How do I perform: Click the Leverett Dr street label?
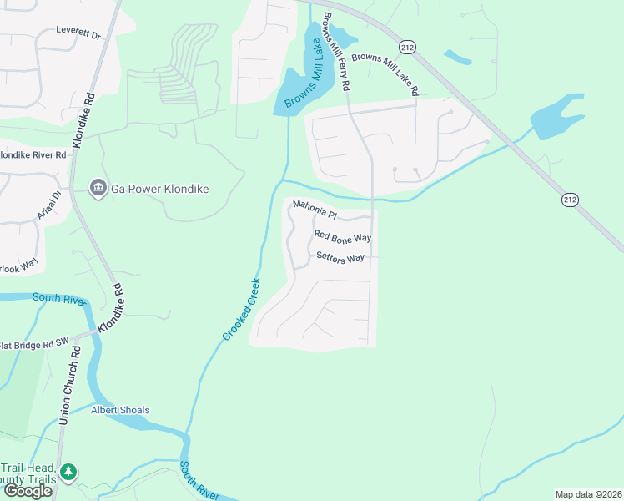point(78,36)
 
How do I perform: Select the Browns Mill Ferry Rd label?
point(335,51)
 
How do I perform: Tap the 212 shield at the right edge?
point(570,199)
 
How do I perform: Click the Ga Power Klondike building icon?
point(98,189)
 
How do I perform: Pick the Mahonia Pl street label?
point(315,209)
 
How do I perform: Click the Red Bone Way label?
point(342,237)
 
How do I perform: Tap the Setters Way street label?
point(340,257)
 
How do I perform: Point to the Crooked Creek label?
point(242,309)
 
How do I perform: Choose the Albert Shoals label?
point(120,410)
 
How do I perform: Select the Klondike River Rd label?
point(33,155)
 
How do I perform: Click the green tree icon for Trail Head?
point(68,473)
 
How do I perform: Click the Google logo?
point(28,491)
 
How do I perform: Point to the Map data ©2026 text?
point(587,494)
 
